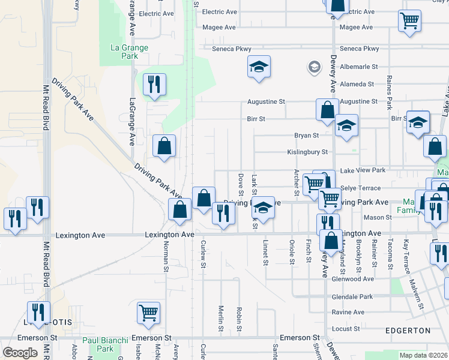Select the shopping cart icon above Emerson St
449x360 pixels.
148,313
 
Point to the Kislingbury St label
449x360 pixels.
307,152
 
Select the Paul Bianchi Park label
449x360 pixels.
105,344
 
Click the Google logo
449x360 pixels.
20,353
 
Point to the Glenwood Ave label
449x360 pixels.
354,279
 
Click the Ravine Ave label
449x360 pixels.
348,313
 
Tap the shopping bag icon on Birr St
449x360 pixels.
327,110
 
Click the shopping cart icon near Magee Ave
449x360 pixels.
409,21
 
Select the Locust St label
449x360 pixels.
345,329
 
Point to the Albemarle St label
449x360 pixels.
358,67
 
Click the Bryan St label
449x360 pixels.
306,136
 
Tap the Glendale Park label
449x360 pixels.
352,297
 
